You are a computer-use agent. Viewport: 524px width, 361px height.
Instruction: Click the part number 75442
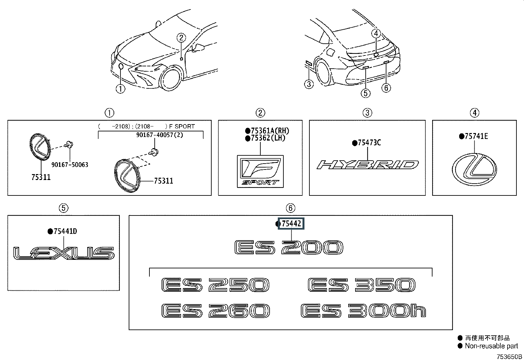click(292, 224)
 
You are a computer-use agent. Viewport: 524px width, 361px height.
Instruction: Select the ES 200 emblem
click(289, 248)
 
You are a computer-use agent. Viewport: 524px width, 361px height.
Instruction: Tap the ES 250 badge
click(216, 285)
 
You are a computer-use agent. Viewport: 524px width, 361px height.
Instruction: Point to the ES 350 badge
click(361, 285)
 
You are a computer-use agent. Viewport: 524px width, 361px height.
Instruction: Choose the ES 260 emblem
click(216, 311)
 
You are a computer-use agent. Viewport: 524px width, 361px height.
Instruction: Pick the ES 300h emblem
click(363, 311)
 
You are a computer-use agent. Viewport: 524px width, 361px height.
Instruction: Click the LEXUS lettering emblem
click(64, 253)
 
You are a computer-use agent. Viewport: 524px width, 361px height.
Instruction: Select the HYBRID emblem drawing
click(368, 165)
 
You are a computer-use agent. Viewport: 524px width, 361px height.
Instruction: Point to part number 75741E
click(476, 136)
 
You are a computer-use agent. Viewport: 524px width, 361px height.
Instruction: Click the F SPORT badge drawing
click(260, 171)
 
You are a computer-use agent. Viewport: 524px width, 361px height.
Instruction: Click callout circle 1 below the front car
click(120, 88)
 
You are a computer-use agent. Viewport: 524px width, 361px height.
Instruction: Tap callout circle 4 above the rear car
click(376, 33)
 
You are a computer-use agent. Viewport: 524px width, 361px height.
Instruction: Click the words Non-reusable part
click(491, 346)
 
